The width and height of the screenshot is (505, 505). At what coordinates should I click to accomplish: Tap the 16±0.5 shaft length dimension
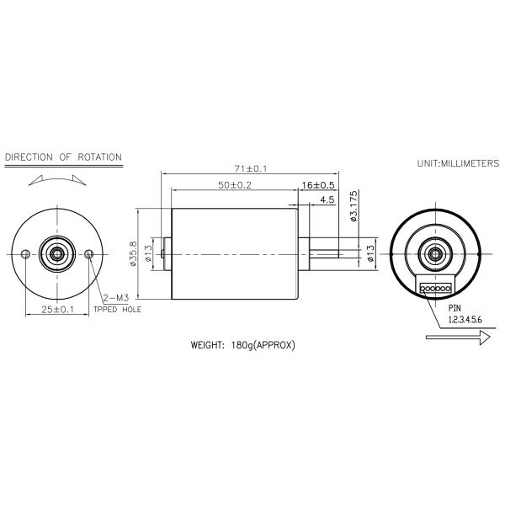pyautogui.click(x=318, y=185)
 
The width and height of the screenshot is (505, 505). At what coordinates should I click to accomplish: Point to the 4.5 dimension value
pyautogui.click(x=327, y=199)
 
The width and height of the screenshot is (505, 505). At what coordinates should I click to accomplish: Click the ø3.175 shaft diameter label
pyautogui.click(x=354, y=207)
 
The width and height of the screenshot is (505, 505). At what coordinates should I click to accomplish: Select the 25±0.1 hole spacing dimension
pyautogui.click(x=58, y=310)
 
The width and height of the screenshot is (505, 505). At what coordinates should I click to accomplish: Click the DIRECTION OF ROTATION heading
pyautogui.click(x=63, y=157)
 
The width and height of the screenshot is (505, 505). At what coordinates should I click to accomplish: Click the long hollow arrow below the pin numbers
pyautogui.click(x=459, y=338)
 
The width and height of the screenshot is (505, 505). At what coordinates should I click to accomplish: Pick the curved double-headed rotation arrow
pyautogui.click(x=56, y=178)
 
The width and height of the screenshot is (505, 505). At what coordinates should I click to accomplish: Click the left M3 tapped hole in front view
pyautogui.click(x=27, y=253)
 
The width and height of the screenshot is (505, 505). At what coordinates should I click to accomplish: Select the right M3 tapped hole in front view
pyautogui.click(x=90, y=253)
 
